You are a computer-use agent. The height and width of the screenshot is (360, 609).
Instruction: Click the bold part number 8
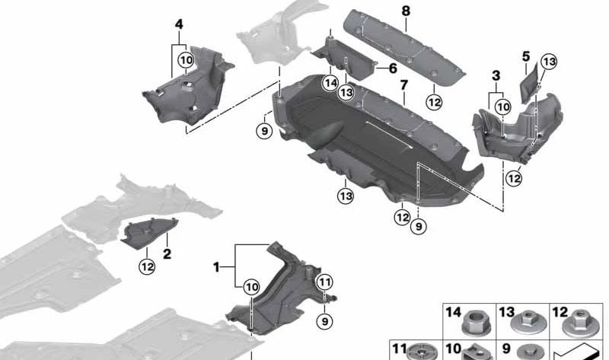[x=405, y=11]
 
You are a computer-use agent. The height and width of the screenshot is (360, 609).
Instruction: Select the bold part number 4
[x=178, y=24]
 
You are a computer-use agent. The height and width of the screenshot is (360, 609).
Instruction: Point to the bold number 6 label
[x=393, y=68]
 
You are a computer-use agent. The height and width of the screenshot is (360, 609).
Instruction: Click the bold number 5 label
[x=526, y=56]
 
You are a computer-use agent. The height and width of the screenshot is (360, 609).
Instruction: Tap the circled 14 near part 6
[x=330, y=83]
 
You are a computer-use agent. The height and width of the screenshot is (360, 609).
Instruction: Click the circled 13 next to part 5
[x=550, y=62]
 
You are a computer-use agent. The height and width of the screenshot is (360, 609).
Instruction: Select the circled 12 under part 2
[x=146, y=266]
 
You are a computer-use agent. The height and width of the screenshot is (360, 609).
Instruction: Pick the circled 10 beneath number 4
[x=185, y=59]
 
